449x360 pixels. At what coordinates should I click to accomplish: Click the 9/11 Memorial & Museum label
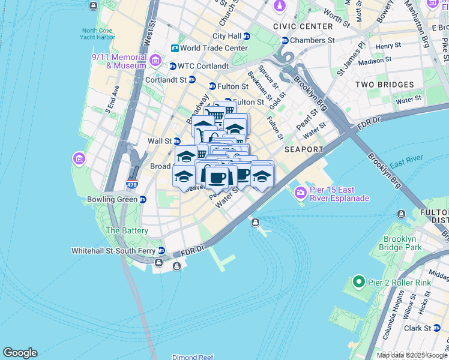click(119, 61)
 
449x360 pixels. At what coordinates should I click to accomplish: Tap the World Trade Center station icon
click(175, 48)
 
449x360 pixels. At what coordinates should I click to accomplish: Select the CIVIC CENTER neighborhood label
click(303, 26)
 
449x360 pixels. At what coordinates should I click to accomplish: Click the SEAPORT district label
click(304, 149)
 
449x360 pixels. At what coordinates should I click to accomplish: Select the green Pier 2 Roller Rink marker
click(359, 281)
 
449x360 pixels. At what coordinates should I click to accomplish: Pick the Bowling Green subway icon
click(142, 199)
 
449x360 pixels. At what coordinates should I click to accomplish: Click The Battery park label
click(127, 230)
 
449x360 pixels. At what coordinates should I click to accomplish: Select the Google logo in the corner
click(20, 353)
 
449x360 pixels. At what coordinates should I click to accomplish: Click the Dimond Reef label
click(193, 357)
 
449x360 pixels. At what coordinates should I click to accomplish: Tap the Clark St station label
click(418, 328)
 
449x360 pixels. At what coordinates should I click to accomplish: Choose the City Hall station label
click(226, 36)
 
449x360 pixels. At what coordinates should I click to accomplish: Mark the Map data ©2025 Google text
click(412, 355)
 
